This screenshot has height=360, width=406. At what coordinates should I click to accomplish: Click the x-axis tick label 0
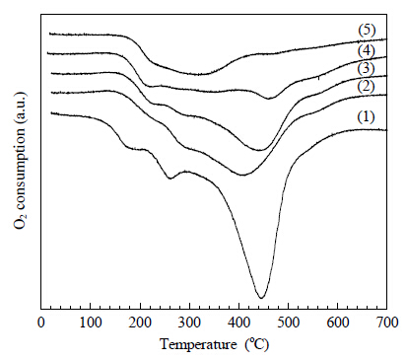[x=41, y=323]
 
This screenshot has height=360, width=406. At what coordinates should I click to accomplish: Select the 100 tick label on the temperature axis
[x=91, y=323]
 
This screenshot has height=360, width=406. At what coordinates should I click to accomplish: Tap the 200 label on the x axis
[x=140, y=323]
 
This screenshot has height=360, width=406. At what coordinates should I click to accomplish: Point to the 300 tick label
[x=189, y=323]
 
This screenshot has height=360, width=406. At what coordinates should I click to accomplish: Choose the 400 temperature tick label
[x=238, y=323]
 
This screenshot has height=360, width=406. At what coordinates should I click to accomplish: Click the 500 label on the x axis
[x=289, y=323]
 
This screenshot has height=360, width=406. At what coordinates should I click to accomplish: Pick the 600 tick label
[x=338, y=323]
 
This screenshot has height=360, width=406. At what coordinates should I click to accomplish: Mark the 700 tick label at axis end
[x=387, y=323]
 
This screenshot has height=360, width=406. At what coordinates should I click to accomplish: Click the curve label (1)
[x=366, y=116]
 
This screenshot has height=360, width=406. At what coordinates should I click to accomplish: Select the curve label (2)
[x=366, y=87]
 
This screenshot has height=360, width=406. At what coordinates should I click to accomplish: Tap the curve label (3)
[x=366, y=69]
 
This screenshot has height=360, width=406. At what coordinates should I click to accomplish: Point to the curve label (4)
[x=366, y=51]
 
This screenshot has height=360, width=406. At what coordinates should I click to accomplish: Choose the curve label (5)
[x=367, y=31]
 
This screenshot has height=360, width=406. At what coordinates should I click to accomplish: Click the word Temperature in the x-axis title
[x=198, y=345]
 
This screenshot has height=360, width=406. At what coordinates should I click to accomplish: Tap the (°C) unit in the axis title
[x=256, y=345]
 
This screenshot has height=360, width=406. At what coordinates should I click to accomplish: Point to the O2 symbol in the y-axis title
[x=20, y=221]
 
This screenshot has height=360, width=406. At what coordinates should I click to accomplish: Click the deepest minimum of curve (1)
[x=261, y=298]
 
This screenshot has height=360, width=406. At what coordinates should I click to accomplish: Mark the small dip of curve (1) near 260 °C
[x=169, y=179]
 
